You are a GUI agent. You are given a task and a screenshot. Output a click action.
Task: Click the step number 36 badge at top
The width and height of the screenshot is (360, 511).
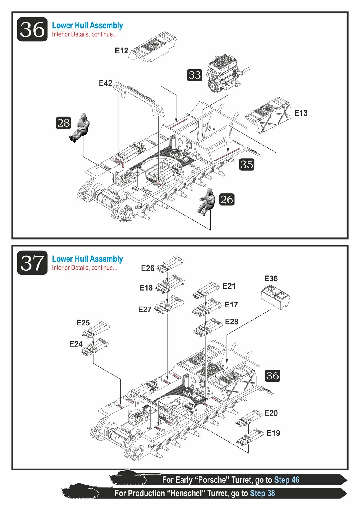pyautogui.click(x=32, y=29)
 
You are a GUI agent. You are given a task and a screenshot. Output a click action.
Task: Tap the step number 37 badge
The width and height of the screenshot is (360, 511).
pyautogui.click(x=32, y=263)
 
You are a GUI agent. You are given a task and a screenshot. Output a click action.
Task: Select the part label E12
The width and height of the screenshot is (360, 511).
pyautogui.click(x=121, y=51)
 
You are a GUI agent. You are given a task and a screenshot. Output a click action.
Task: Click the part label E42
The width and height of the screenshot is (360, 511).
pyautogui.click(x=106, y=83)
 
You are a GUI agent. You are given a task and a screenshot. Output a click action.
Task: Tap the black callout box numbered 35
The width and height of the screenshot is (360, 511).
pyautogui.click(x=247, y=164)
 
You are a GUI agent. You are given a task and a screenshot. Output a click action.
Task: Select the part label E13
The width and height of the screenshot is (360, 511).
pyautogui.click(x=301, y=113)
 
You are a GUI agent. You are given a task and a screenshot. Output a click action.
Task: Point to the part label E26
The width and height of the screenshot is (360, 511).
pyautogui.click(x=148, y=268)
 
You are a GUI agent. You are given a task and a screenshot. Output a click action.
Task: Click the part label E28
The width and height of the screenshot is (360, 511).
pyautogui.click(x=232, y=322)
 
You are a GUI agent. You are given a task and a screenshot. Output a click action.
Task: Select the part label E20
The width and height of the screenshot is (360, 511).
pyautogui.click(x=271, y=413)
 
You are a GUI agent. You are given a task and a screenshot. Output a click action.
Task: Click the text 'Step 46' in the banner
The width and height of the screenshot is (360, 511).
pyautogui.click(x=286, y=480)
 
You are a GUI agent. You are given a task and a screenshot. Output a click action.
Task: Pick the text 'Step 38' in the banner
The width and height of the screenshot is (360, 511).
pyautogui.click(x=262, y=493)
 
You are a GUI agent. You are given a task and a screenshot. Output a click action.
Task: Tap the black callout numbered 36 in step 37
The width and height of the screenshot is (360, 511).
pyautogui.click(x=272, y=376)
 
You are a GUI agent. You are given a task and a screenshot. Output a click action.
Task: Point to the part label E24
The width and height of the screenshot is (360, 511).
pyautogui.click(x=76, y=344)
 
